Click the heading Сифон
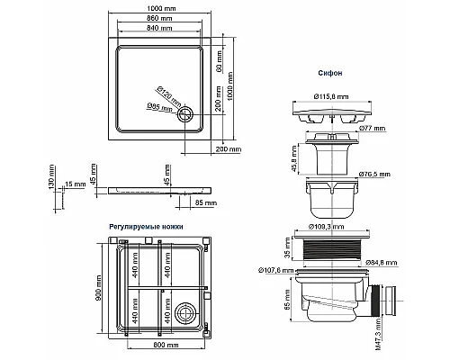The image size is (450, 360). pyautogui.click(x=330, y=73)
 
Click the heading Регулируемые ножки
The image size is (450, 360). pyautogui.click(x=146, y=227)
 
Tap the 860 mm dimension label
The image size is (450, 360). pyautogui.click(x=159, y=18)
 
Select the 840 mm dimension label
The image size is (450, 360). pyautogui.click(x=159, y=28)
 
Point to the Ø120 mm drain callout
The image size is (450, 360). pyautogui.click(x=168, y=96)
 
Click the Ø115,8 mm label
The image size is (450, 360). pyautogui.click(x=331, y=96)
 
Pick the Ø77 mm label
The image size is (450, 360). pyautogui.click(x=372, y=129)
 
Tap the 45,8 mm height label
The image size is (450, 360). pyautogui.click(x=294, y=158)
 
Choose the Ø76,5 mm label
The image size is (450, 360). pyautogui.click(x=374, y=175)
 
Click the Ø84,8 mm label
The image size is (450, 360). pyautogui.click(x=382, y=263)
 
